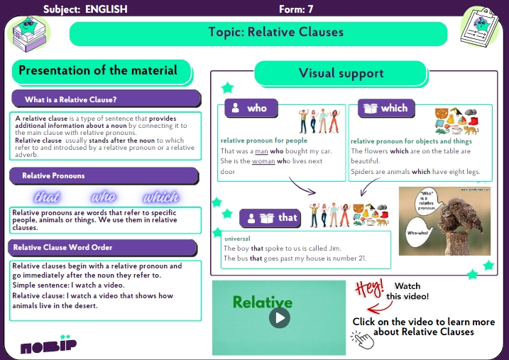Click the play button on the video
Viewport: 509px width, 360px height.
[280, 317]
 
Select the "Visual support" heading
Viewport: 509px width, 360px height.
[341, 73]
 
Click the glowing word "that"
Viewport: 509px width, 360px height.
[48, 197]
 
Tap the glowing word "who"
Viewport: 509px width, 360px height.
[104, 197]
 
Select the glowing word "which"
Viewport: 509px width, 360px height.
[161, 197]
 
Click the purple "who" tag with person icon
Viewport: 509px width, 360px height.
[251, 108]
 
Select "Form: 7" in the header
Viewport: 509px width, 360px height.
[297, 9]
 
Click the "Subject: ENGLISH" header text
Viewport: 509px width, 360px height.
[85, 9]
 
